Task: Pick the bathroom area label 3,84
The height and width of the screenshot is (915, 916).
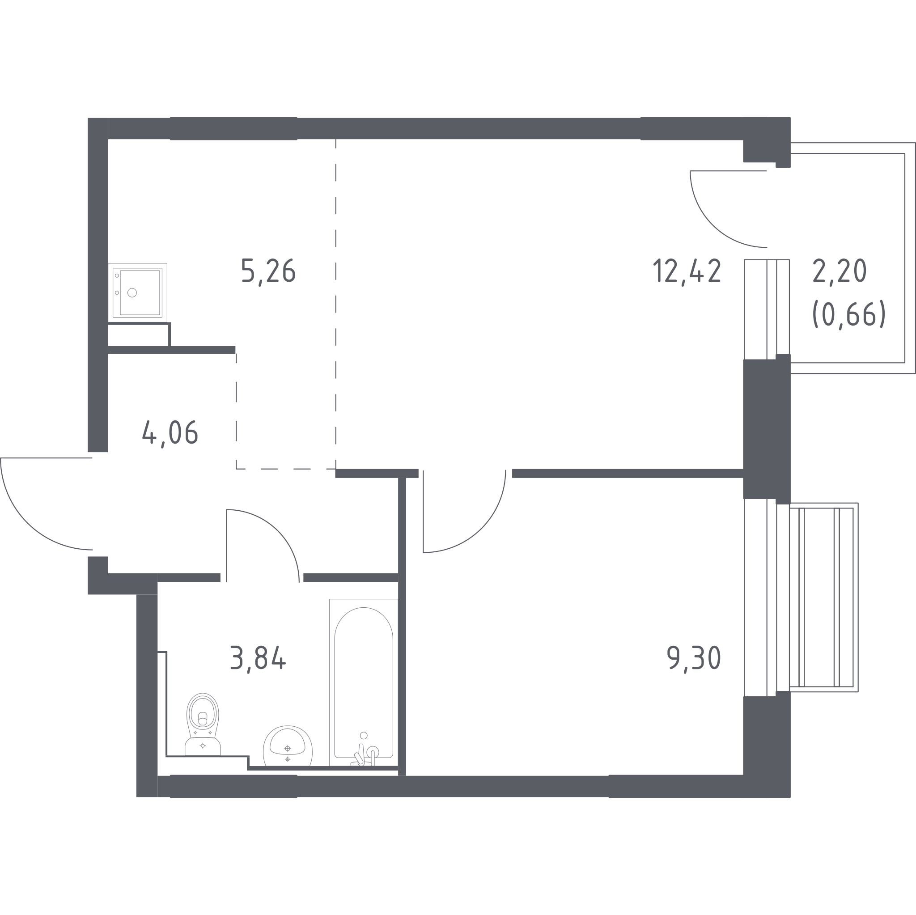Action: click(258, 658)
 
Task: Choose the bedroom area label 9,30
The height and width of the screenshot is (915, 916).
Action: click(694, 658)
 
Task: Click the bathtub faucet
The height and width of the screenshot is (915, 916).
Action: click(365, 755)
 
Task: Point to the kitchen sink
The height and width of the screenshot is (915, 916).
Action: click(137, 292)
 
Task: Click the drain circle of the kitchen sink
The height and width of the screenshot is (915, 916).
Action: click(132, 292)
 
